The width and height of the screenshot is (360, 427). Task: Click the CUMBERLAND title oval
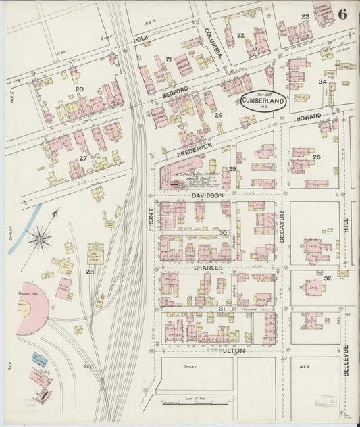point(263,102)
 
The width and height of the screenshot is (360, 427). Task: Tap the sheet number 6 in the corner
point(343,14)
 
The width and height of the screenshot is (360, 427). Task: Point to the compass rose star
point(40,238)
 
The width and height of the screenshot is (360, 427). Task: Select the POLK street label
point(140,41)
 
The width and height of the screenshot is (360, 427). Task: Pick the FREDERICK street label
point(195,147)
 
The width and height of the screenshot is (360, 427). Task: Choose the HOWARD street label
point(308,118)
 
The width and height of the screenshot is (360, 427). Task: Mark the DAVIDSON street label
point(207,195)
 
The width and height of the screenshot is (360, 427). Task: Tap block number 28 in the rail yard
point(89,272)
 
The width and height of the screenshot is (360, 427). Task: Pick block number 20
point(79,89)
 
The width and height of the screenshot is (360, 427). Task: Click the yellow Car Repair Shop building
point(95,254)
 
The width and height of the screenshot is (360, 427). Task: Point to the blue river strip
point(24,230)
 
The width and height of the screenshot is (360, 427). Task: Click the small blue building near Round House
point(40,359)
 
